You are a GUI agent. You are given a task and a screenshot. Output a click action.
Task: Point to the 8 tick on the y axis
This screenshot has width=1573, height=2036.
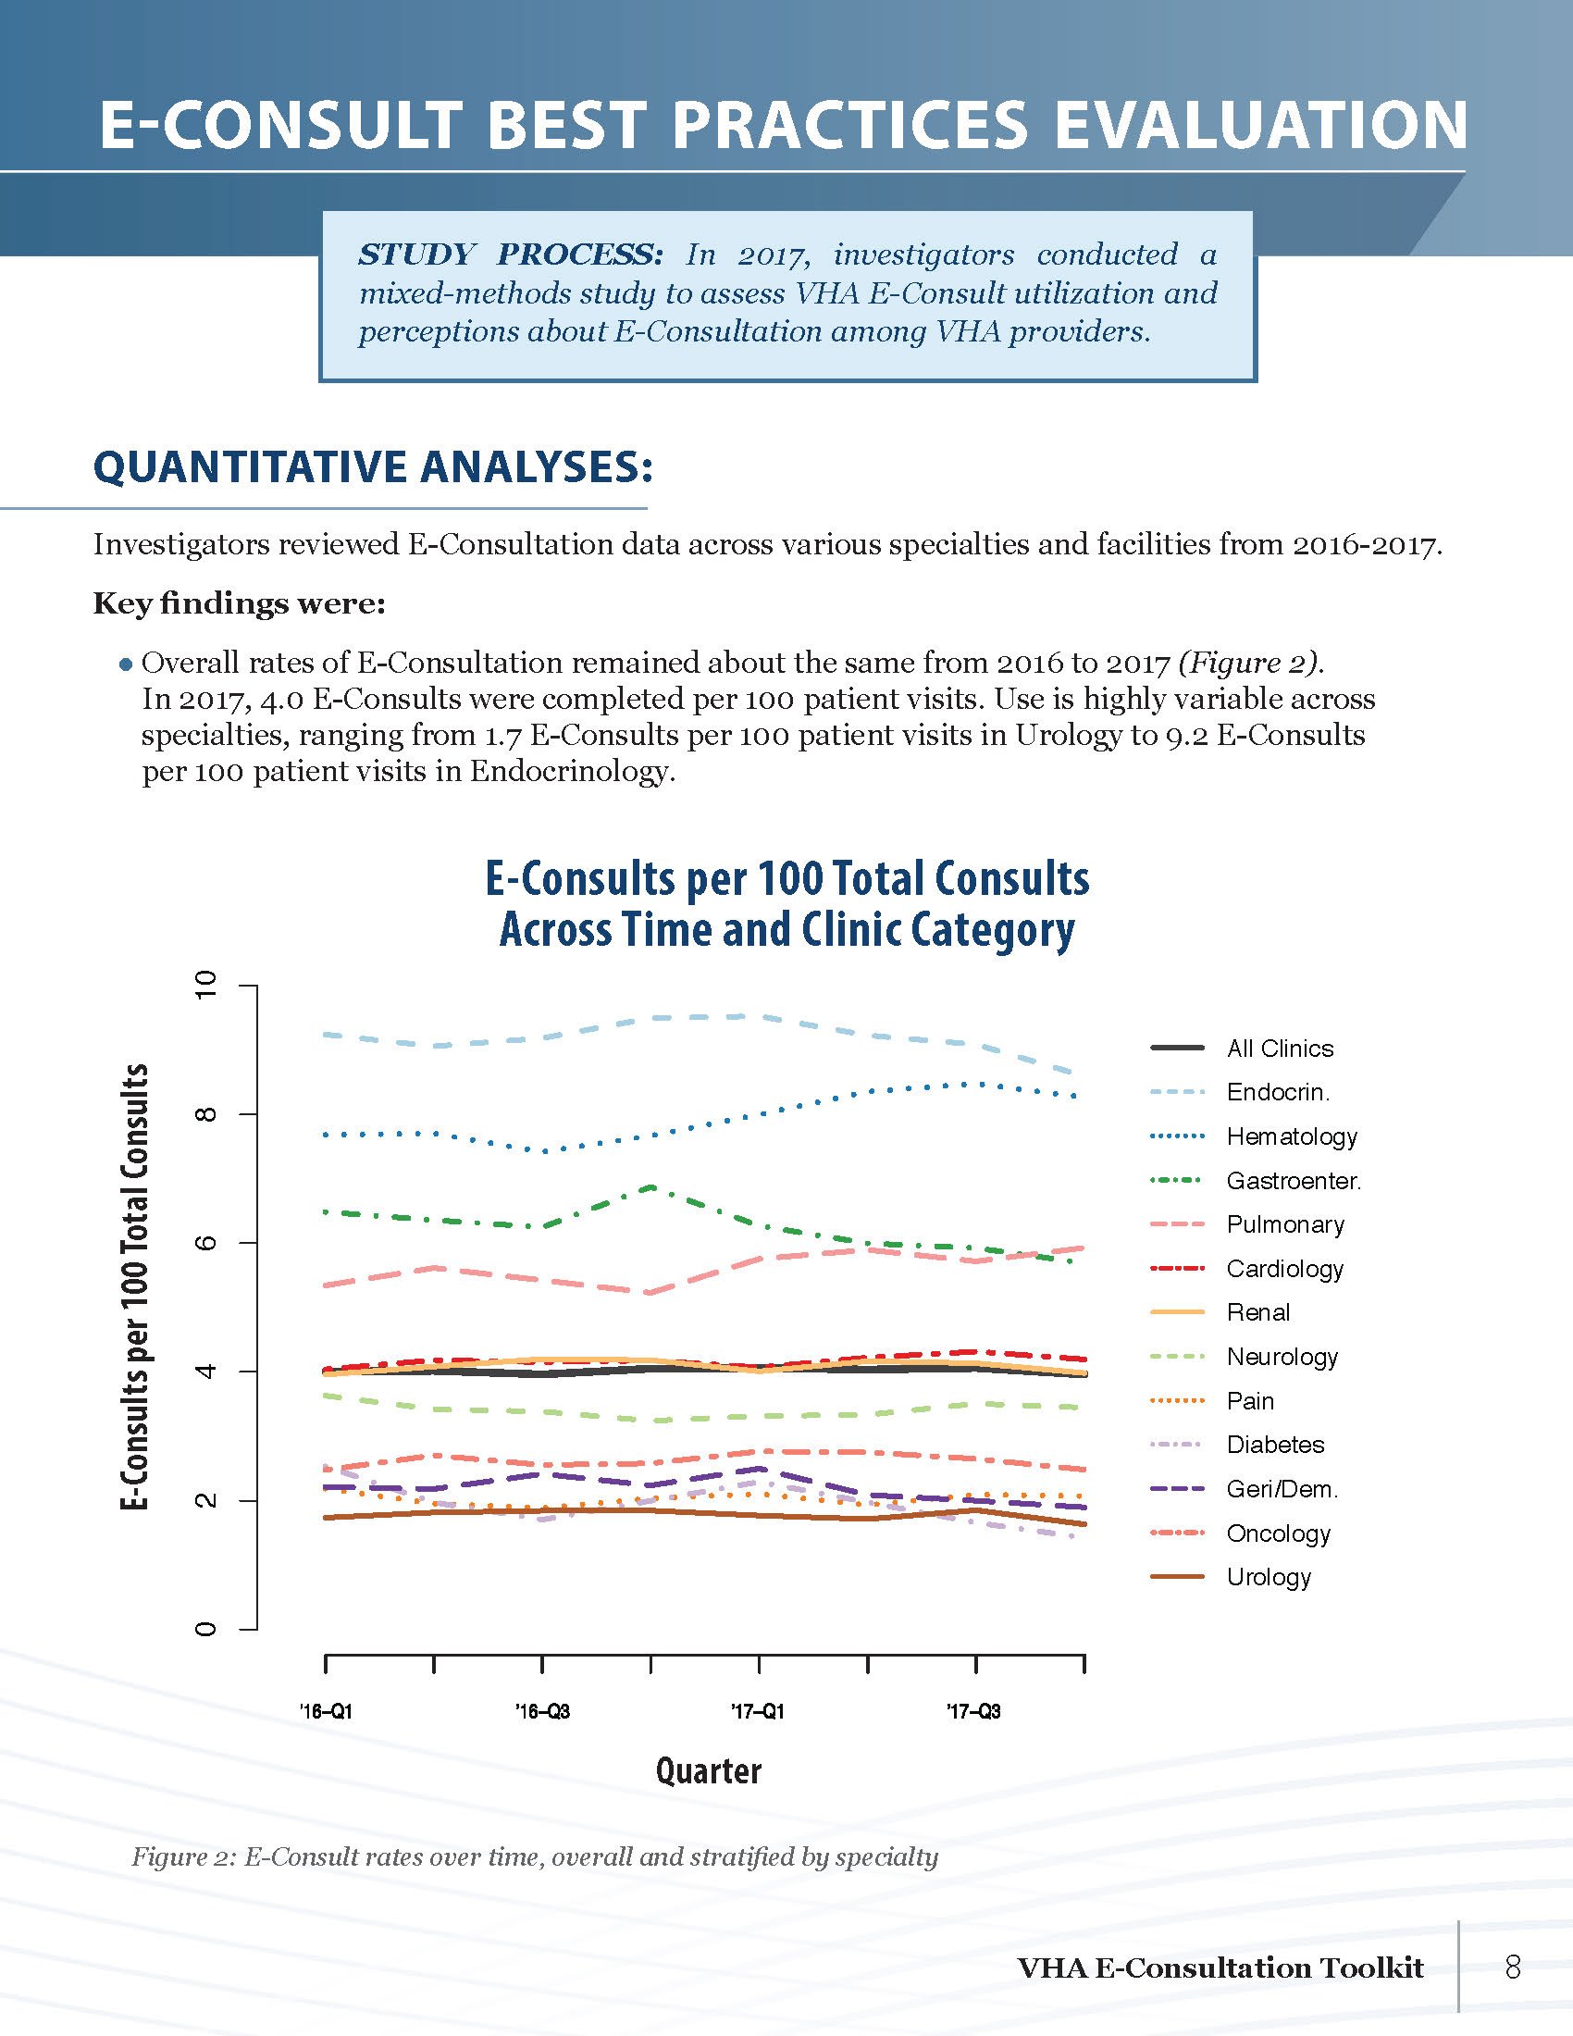[x=207, y=1115]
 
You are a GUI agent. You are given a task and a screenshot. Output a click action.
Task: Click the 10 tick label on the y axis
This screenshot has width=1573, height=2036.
[x=207, y=986]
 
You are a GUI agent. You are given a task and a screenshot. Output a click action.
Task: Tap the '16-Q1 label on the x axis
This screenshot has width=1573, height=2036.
[x=326, y=1711]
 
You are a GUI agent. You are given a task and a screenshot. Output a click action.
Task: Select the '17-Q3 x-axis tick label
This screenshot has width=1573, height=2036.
[x=974, y=1711]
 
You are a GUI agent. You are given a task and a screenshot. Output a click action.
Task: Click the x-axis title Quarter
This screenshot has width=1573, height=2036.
[x=708, y=1770]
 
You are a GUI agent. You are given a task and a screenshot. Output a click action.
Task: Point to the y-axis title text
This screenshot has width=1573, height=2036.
[x=136, y=1286]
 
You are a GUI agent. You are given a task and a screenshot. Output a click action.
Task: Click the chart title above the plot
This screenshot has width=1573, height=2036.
[x=787, y=904]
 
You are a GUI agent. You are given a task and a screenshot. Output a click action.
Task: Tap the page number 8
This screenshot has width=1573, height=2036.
[x=1513, y=1967]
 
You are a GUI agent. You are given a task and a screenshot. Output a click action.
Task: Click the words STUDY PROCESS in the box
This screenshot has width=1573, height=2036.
[x=511, y=254]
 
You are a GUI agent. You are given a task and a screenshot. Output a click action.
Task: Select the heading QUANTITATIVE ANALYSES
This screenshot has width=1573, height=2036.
[x=373, y=467]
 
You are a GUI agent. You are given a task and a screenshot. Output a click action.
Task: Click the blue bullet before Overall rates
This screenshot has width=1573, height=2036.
[x=125, y=664]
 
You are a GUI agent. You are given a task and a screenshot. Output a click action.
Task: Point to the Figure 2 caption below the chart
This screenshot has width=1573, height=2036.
[x=534, y=1857]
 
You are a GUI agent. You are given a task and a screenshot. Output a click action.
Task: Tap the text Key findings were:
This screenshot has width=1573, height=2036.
[x=239, y=604]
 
